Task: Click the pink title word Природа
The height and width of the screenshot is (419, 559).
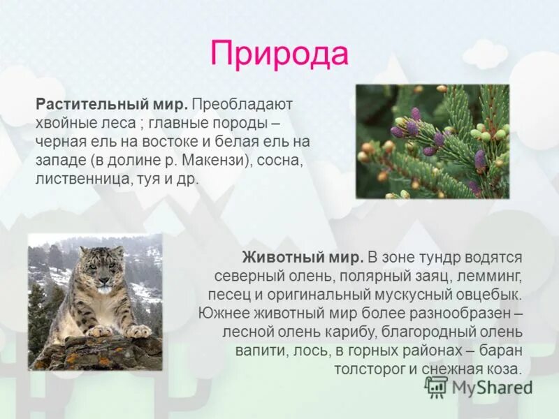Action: [279, 54]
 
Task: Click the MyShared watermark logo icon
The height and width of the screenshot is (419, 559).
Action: [437, 386]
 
